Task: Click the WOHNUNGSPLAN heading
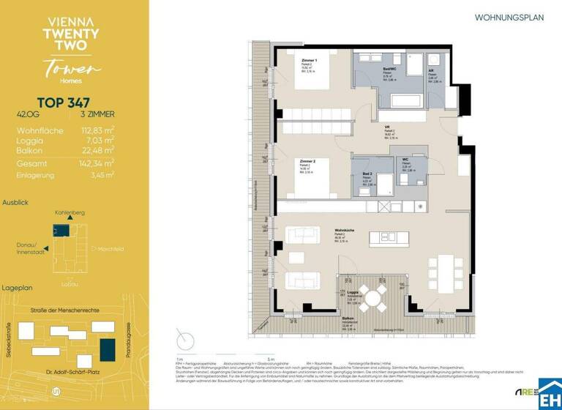coord(509,17)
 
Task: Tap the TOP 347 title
coord(64,104)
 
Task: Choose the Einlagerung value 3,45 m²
coord(100,176)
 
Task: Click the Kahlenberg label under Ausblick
coord(69,212)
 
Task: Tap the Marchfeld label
coord(110,249)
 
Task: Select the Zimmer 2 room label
coord(308,160)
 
